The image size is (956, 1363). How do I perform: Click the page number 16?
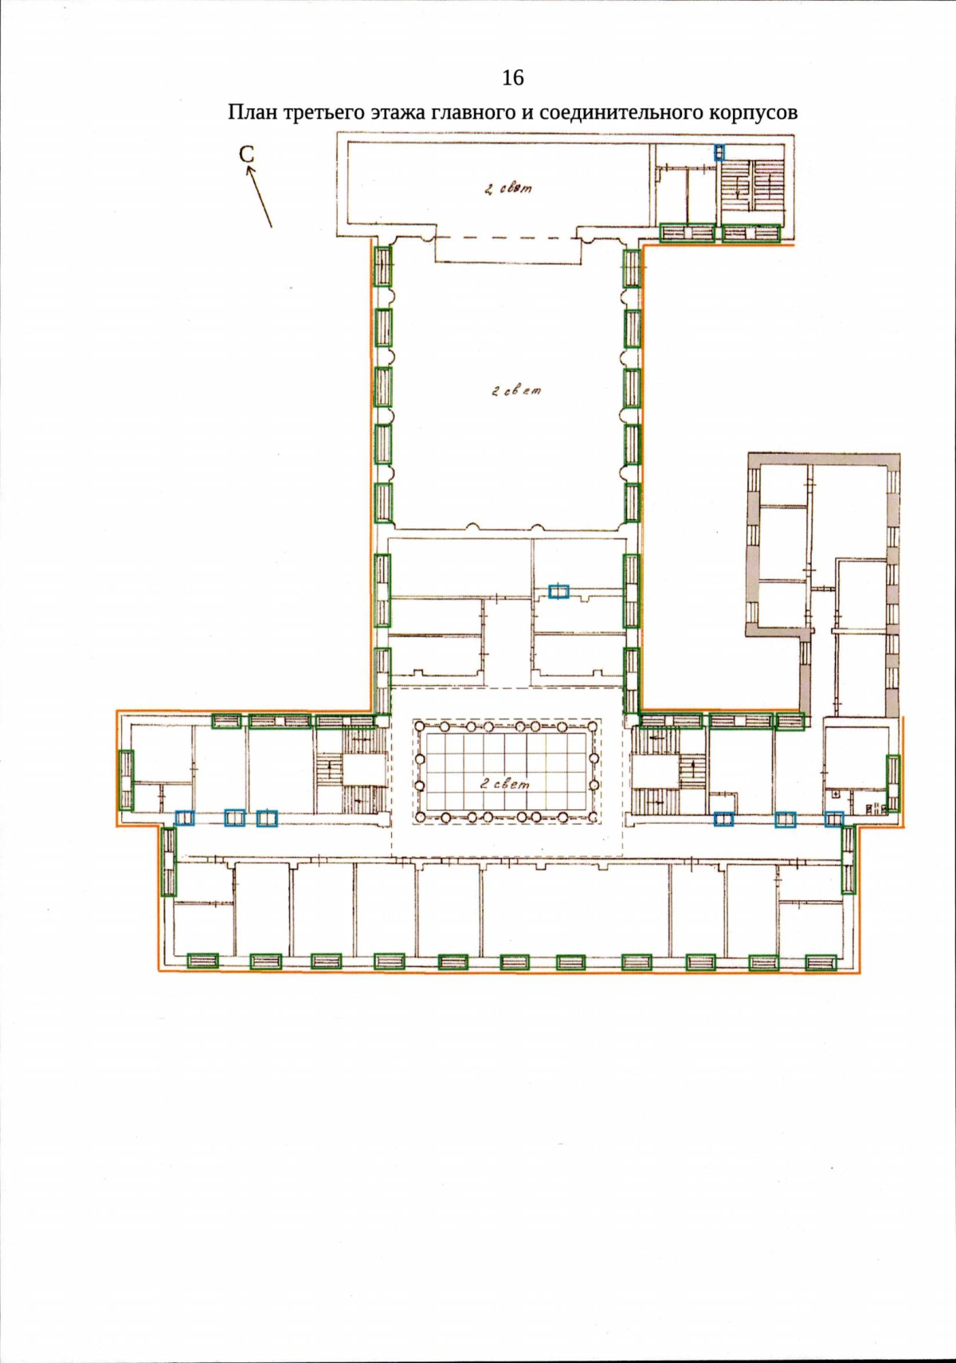(512, 78)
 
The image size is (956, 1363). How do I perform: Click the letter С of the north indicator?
(246, 155)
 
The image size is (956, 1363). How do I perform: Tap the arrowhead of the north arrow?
(249, 172)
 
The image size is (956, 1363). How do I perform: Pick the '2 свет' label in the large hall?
(516, 391)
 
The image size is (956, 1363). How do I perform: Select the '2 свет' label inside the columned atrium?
(504, 784)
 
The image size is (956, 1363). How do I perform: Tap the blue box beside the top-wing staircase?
(719, 152)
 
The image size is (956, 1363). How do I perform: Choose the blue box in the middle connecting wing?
(558, 591)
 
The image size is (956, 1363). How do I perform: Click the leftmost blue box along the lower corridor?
(184, 818)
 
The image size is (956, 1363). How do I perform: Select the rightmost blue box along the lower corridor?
(833, 819)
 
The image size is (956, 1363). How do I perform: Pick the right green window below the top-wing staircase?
(751, 233)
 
